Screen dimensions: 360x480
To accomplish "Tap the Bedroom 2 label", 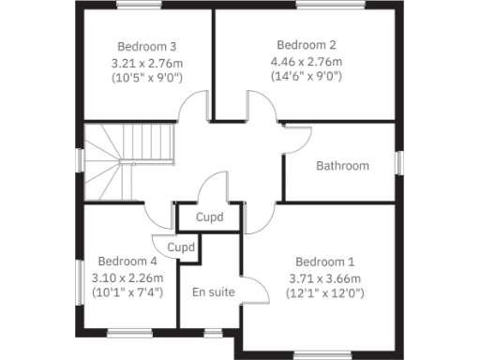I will click(307, 44).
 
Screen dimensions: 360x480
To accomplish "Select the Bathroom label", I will click(342, 166).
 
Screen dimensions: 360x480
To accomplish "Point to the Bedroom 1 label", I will click(325, 262).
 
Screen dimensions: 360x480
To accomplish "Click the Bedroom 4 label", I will click(127, 262).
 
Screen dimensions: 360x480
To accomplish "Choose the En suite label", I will click(213, 292).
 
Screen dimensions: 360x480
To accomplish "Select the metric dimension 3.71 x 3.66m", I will click(325, 277).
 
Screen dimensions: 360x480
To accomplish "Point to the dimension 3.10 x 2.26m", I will click(127, 277).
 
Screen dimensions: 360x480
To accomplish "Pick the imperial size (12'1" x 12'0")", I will click(325, 292).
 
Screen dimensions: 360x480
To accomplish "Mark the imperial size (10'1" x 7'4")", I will click(127, 292).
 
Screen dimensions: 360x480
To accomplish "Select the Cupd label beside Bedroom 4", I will click(180, 247).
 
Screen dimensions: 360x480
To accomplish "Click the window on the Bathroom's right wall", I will click(398, 161).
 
